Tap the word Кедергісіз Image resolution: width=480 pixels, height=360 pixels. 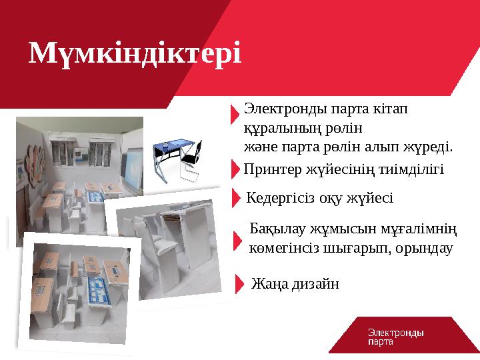tap(279, 198)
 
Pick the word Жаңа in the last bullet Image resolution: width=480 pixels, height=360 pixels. tap(269, 285)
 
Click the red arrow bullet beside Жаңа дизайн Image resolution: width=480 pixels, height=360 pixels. tap(240, 284)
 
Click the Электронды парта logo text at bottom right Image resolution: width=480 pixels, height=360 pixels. tap(396, 337)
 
